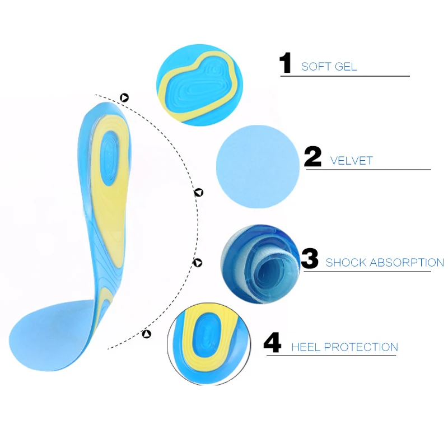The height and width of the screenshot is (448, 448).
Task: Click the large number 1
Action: (x=286, y=64)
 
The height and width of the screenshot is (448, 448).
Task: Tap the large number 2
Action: (x=312, y=157)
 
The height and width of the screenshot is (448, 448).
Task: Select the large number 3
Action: (x=309, y=259)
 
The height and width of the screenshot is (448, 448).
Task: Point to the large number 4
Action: (x=272, y=343)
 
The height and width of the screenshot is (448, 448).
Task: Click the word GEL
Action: (x=346, y=67)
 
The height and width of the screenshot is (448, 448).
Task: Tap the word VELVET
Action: (x=351, y=161)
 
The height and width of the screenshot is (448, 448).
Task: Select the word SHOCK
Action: (x=345, y=262)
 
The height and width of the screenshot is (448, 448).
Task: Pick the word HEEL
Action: (x=306, y=347)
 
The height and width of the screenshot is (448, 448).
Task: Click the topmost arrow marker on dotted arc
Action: (x=124, y=97)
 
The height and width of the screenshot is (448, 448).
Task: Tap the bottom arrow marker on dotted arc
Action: (x=147, y=334)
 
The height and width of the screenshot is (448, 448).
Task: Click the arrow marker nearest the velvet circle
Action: (x=198, y=193)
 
